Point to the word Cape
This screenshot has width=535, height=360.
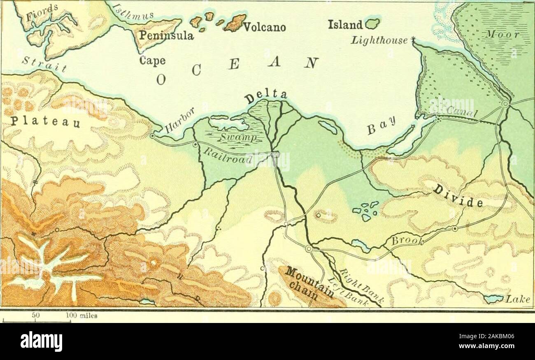tap(152, 60)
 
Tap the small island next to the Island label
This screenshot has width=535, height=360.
tap(373, 24)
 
